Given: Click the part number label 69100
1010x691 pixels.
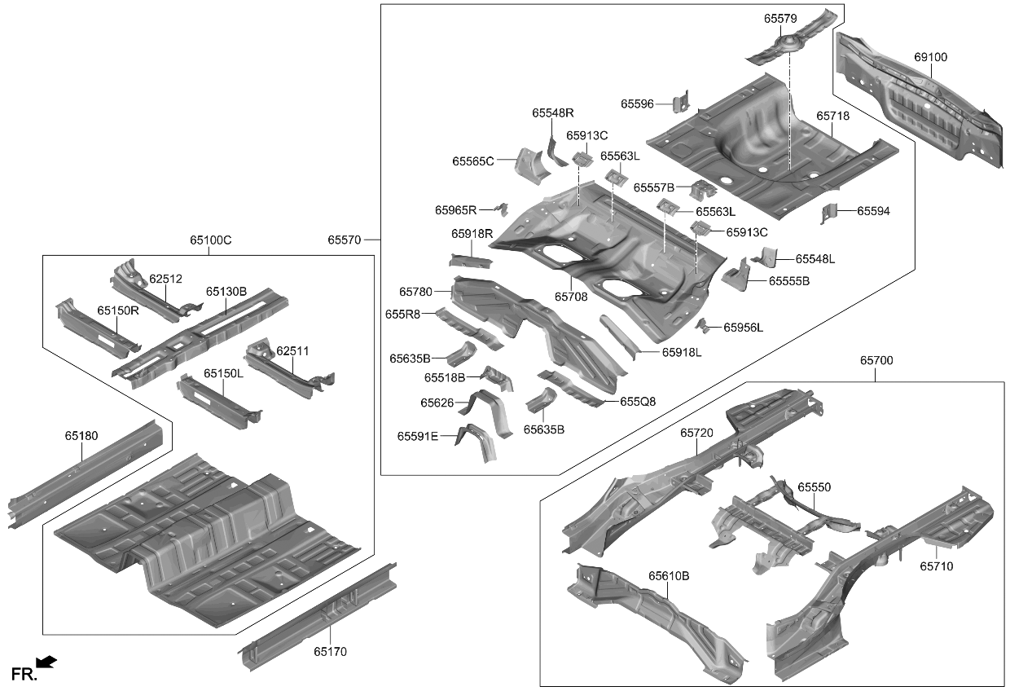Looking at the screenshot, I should (930, 58).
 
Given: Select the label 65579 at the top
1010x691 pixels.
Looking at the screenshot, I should (780, 18).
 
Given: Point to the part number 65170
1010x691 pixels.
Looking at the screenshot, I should (331, 651).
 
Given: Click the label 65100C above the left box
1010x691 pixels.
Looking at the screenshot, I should (211, 240).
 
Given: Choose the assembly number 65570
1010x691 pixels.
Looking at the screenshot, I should (345, 240).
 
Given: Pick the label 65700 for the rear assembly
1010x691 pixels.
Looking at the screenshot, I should (876, 359).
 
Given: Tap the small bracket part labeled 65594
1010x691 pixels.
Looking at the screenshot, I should (828, 213).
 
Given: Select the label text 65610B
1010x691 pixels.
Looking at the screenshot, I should (669, 576).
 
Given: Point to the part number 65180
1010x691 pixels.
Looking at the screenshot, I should (81, 436).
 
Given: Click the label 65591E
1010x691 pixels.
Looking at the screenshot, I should (418, 437).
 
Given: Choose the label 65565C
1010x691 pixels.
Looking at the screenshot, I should (473, 161).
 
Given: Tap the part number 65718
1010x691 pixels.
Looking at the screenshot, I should (832, 117).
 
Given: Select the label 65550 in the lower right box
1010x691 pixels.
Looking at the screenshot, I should (814, 486).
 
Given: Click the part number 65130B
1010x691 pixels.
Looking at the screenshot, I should (226, 291).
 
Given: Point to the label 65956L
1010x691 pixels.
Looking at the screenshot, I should (744, 328).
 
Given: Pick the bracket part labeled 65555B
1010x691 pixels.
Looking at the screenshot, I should (736, 275).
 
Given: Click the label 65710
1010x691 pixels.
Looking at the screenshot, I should (937, 566).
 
